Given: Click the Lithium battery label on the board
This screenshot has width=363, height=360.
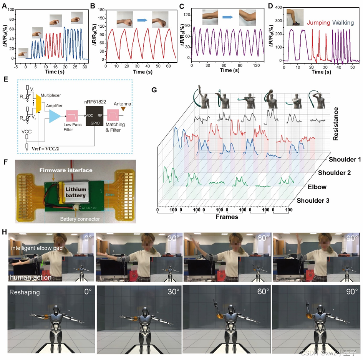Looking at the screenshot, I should [x=78, y=192].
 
